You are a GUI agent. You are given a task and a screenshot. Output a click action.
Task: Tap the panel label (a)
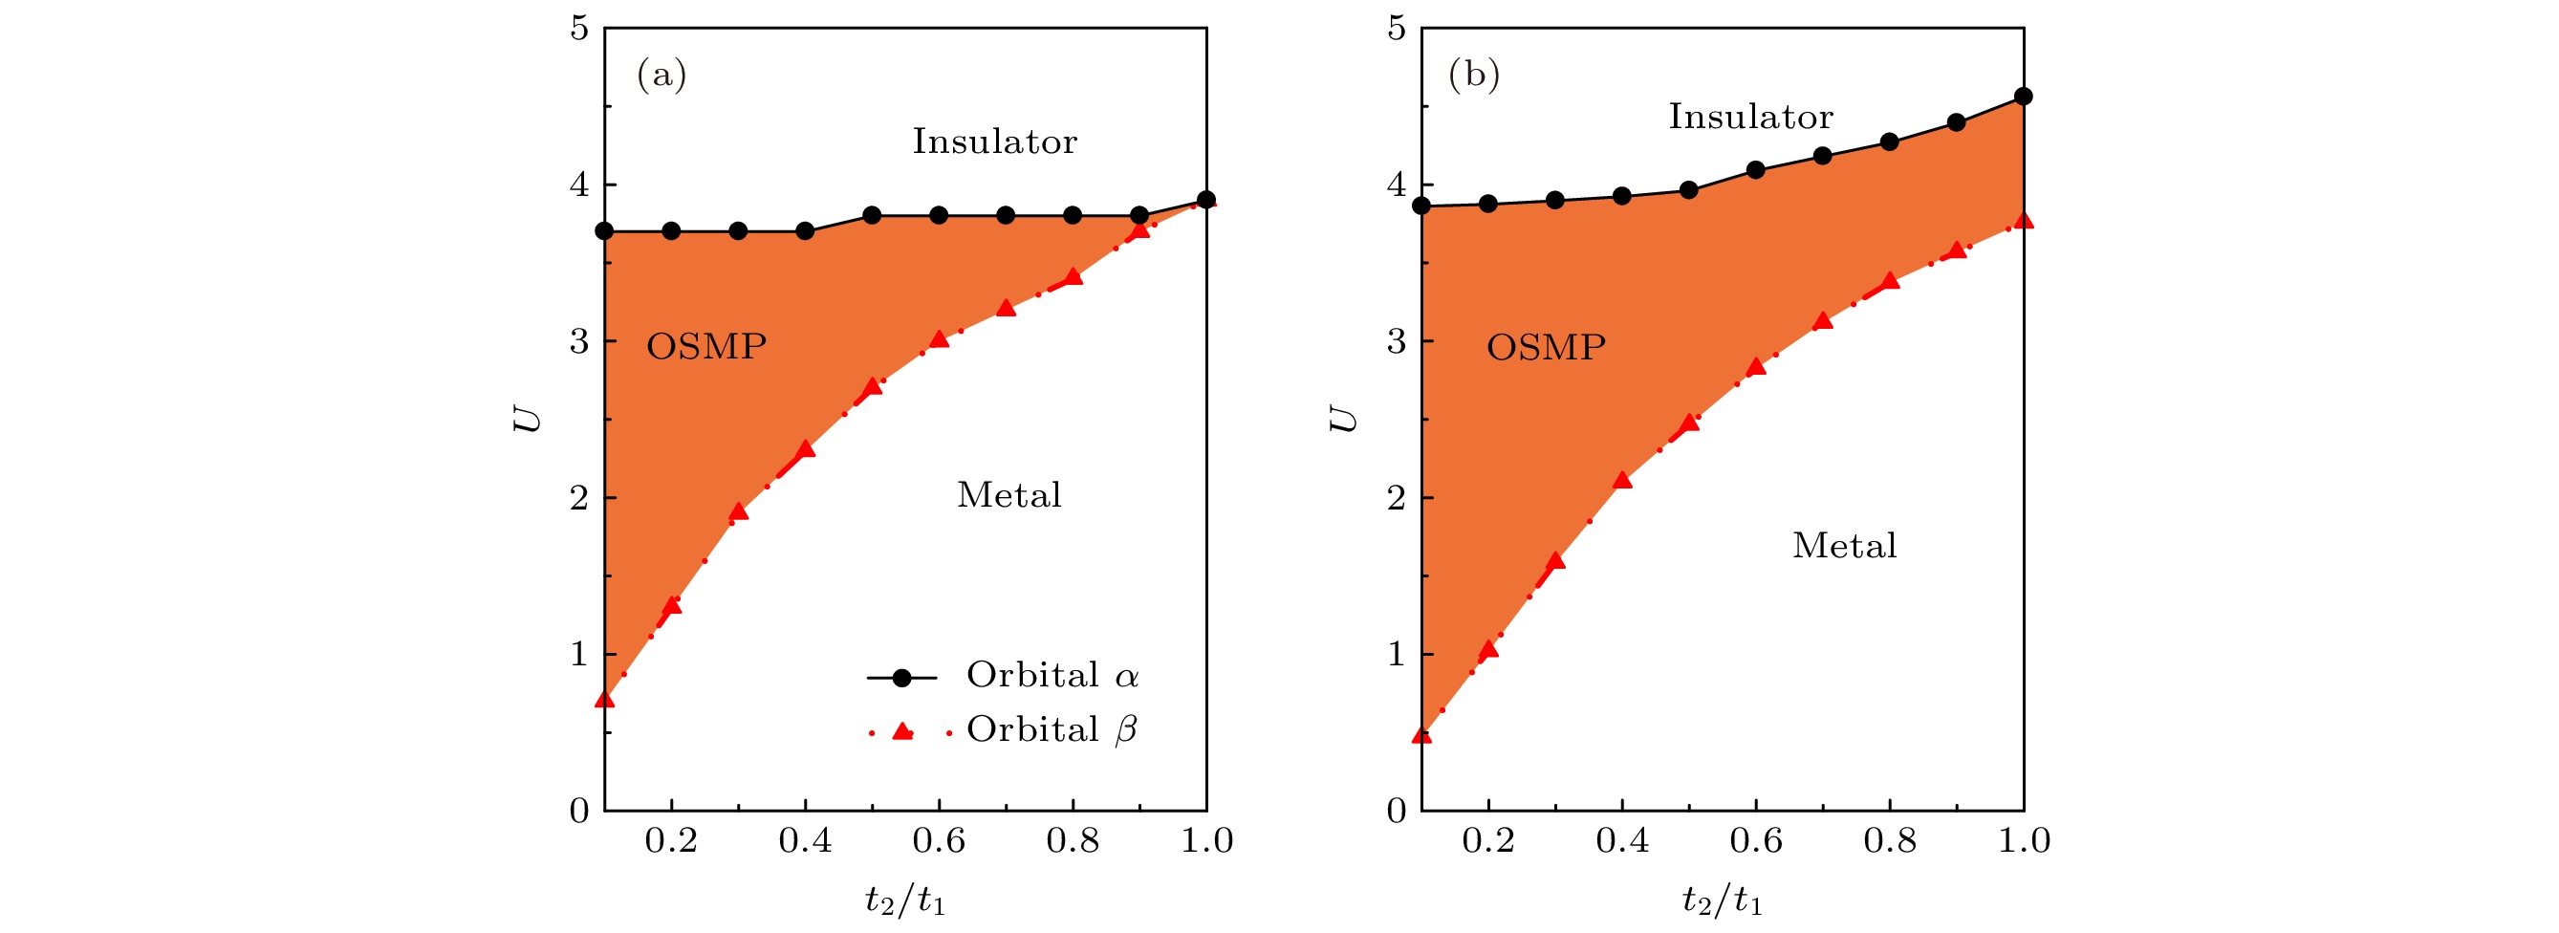[661, 75]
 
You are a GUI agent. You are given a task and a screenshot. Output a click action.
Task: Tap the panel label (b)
[1474, 75]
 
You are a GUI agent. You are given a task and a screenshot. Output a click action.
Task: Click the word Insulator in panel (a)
[994, 142]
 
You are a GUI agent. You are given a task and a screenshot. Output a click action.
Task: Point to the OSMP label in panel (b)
[1546, 347]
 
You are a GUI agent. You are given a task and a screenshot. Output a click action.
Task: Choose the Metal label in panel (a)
[1009, 495]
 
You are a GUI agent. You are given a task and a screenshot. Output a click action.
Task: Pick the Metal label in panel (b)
[1845, 546]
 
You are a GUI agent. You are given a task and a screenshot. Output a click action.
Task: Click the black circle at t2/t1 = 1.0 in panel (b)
[2023, 97]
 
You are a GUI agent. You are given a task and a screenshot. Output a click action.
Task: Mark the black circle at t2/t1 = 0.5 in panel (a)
[872, 216]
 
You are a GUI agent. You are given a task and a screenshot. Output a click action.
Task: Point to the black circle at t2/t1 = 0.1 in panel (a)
[604, 231]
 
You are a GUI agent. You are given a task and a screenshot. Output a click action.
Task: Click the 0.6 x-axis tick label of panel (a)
[939, 840]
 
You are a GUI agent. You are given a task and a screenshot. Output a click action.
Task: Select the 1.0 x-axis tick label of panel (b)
[2024, 840]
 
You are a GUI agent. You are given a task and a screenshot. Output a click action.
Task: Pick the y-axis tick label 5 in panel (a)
[579, 29]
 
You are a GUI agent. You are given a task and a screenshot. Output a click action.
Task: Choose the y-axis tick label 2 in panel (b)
[1397, 498]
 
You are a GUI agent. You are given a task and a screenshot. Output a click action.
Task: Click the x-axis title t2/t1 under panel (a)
[905, 900]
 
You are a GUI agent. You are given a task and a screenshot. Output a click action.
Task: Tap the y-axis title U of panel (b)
[1341, 419]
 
